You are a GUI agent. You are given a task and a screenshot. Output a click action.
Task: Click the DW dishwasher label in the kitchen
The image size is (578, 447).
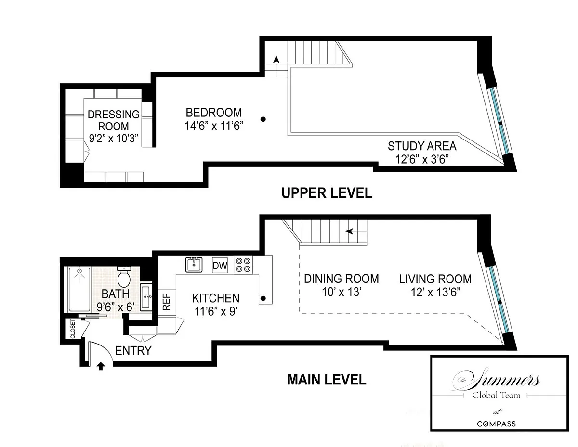(220, 265)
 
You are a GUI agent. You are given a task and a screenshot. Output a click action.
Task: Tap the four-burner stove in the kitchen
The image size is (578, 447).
(243, 265)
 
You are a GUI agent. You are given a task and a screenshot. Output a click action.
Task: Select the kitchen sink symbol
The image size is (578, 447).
(194, 265)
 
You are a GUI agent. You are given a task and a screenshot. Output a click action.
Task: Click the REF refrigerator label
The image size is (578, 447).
(166, 302)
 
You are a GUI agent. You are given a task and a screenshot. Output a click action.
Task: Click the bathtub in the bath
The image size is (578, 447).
(79, 290)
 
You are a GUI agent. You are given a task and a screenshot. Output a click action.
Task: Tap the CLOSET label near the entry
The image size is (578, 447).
(73, 329)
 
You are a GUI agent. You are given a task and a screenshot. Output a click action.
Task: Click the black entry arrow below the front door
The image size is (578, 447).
(101, 367)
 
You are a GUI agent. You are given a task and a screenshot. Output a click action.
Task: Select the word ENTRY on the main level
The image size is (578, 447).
(133, 351)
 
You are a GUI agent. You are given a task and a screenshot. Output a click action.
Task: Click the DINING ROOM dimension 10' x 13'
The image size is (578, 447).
(342, 292)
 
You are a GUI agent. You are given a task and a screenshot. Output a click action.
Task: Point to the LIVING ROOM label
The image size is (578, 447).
(435, 279)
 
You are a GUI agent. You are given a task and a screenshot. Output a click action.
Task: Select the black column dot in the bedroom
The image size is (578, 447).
(263, 119)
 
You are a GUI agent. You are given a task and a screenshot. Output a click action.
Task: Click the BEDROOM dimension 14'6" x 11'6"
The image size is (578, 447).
(214, 126)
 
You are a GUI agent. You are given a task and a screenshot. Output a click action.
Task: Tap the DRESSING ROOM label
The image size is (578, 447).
(114, 120)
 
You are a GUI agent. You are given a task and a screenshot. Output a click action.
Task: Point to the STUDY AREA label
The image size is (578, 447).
(422, 146)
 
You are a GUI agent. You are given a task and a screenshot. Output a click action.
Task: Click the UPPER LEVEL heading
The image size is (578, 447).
(327, 193)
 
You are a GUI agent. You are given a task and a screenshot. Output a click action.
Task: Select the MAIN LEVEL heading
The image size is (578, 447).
(327, 380)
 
